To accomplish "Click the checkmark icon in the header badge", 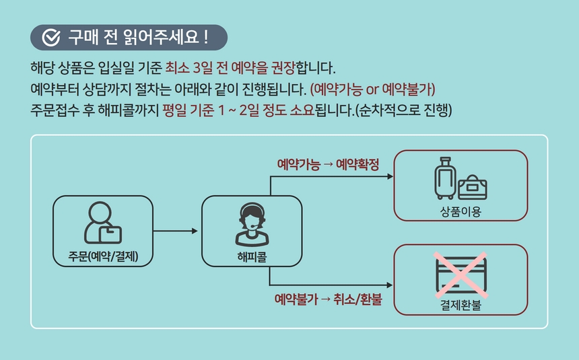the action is [x=51, y=37].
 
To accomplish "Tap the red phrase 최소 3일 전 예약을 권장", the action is [x=230, y=67].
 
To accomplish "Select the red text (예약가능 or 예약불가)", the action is [x=372, y=89].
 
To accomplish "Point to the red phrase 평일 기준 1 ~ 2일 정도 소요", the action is [x=238, y=110].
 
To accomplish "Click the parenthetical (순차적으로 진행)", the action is [x=403, y=110].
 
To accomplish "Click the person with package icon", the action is [x=102, y=223].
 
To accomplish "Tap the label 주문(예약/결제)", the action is [x=103, y=256].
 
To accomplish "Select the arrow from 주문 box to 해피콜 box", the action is [x=176, y=231].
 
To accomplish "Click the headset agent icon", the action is [x=252, y=224].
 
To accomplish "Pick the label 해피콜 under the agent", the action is [x=252, y=256].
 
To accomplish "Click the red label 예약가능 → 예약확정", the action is [x=328, y=165].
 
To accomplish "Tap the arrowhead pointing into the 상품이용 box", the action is [x=390, y=176].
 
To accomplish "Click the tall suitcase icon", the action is [x=445, y=178].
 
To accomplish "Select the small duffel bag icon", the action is [x=473, y=187].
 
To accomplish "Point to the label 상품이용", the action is [x=461, y=211].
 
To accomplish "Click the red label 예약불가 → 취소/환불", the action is [x=328, y=299].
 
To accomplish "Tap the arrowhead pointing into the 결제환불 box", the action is [x=389, y=285].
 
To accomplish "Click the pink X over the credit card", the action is [x=461, y=275].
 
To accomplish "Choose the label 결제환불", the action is [x=461, y=305].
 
